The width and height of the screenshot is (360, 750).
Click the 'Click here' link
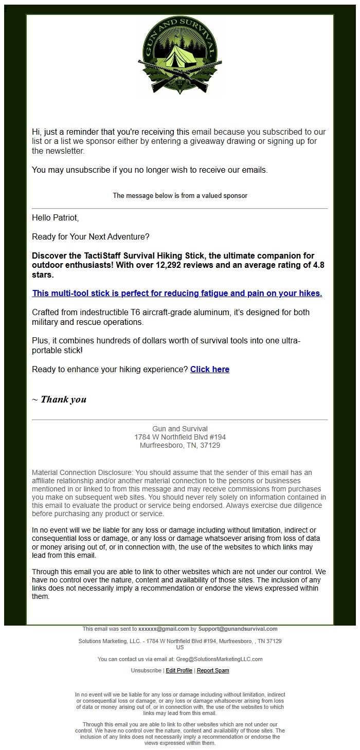210,369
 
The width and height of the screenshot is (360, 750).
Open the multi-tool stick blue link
177,294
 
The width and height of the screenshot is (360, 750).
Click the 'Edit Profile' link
179,670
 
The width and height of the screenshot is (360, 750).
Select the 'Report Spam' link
213,670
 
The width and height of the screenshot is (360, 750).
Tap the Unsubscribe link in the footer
146,670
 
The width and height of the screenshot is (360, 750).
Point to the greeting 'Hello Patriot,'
56,218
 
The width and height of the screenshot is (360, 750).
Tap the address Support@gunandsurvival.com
238,629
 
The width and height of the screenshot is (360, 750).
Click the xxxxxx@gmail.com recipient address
164,629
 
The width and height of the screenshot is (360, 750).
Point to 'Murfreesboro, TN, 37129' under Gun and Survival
180,446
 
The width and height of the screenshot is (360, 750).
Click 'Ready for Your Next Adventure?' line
91,237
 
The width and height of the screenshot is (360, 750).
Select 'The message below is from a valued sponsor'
180,196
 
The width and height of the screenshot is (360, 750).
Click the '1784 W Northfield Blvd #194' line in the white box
180,437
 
